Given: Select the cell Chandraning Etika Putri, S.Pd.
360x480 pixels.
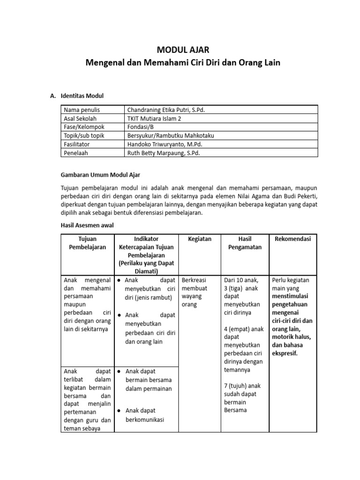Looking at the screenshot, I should coord(166,110).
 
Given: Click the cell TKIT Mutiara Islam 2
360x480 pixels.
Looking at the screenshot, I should coord(154,118).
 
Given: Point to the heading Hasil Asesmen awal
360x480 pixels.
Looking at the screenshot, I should coord(88,225).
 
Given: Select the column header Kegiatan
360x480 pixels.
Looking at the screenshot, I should coord(200,239).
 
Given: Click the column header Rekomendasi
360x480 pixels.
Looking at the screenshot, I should coord(293,239).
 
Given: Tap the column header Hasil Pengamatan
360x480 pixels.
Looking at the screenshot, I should coord(245,243).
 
